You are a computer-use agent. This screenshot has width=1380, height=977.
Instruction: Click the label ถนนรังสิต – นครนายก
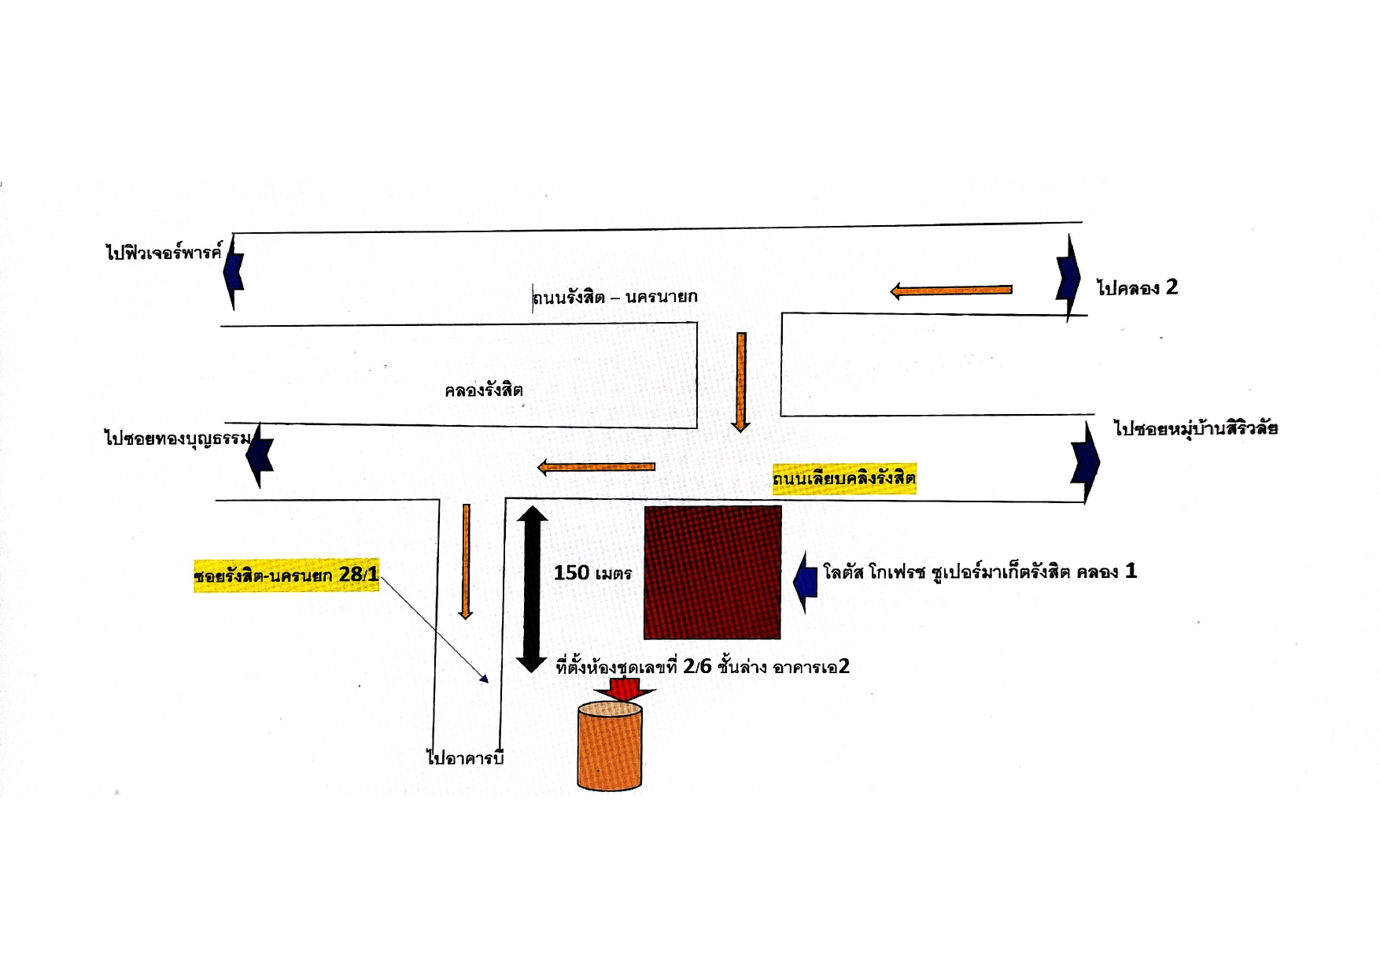pos(614,297)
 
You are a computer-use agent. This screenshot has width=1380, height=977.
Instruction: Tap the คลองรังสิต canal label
pos(484,390)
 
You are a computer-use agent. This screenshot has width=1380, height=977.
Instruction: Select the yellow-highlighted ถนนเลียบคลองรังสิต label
pos(844,478)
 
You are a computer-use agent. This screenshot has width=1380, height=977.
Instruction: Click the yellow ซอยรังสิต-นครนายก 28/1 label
pos(286,575)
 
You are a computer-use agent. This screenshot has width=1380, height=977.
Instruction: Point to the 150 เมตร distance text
pos(592,573)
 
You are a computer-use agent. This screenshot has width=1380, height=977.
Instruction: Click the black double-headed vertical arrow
pos(532,589)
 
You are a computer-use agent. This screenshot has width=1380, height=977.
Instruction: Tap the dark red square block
pos(713,572)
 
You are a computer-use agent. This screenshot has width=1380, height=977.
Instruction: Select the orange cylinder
pos(610,746)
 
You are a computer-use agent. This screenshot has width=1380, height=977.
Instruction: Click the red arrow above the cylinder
pos(624,689)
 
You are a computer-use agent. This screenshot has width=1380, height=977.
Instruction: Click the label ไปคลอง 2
pos(1138,287)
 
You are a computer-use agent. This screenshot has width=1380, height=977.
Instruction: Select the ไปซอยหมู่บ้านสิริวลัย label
pos(1196,428)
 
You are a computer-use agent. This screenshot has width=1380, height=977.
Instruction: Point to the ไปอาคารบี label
pos(464,757)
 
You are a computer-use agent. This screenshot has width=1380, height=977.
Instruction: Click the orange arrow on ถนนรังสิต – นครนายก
pos(951,291)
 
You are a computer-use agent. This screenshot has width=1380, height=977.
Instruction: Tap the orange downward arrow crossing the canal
pos(740,382)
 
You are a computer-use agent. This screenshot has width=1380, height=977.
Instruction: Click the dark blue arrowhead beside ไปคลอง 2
pos(1068,278)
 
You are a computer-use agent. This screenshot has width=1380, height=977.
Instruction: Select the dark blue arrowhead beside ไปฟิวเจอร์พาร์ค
pos(234,272)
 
